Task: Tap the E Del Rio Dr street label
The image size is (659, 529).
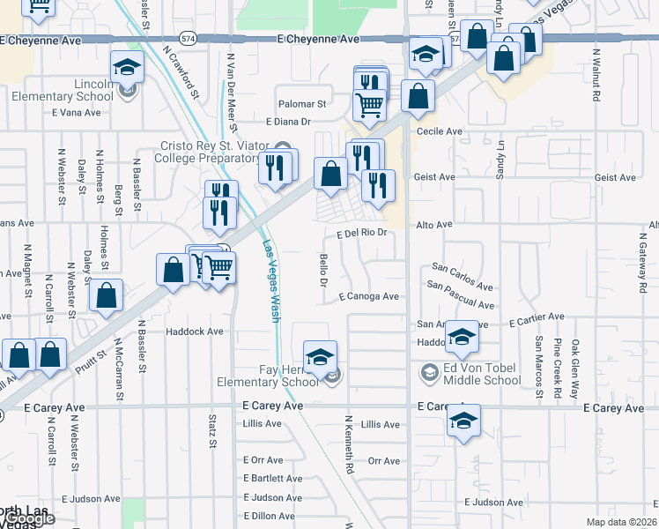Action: [x=362, y=234]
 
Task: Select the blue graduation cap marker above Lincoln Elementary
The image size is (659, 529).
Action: [x=127, y=66]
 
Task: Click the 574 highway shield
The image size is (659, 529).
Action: [x=188, y=40]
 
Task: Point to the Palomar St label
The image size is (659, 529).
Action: [x=301, y=103]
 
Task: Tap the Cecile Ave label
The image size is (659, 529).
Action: [x=440, y=131]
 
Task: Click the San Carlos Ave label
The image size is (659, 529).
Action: [x=462, y=276]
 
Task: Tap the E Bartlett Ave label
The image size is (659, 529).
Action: [x=273, y=479]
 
